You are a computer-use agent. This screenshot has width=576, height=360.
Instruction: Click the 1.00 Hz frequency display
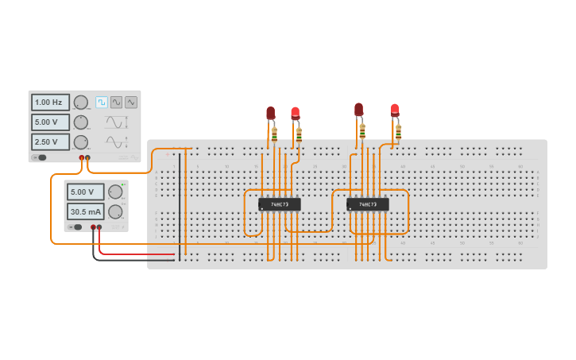coord(50,103)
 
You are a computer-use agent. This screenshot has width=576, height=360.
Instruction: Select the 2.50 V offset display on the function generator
coord(50,141)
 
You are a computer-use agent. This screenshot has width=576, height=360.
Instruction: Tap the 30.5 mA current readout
coord(85,211)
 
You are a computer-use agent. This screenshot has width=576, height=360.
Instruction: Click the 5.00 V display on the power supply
coord(85,192)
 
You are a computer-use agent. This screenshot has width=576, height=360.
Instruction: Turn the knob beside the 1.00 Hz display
coord(81,103)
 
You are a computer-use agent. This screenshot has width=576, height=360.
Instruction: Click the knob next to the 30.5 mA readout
coord(115,211)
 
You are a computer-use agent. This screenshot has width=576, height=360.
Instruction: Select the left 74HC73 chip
coord(279,204)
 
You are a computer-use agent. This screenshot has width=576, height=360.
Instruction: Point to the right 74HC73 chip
coord(367,204)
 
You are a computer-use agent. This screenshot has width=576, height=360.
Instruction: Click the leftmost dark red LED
coord(271,114)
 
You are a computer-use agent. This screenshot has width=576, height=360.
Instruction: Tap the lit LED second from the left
coord(296,114)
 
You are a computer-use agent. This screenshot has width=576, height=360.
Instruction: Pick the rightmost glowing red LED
coord(395,110)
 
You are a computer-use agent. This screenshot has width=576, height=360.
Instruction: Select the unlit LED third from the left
coord(359,110)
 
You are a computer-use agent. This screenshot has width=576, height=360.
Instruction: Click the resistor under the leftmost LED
coord(275,134)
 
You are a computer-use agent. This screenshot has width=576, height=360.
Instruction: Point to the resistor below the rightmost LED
coord(398,131)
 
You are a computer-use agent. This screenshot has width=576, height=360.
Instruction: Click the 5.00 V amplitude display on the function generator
coord(50,122)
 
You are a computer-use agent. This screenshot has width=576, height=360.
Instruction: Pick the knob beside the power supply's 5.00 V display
coord(115,192)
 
